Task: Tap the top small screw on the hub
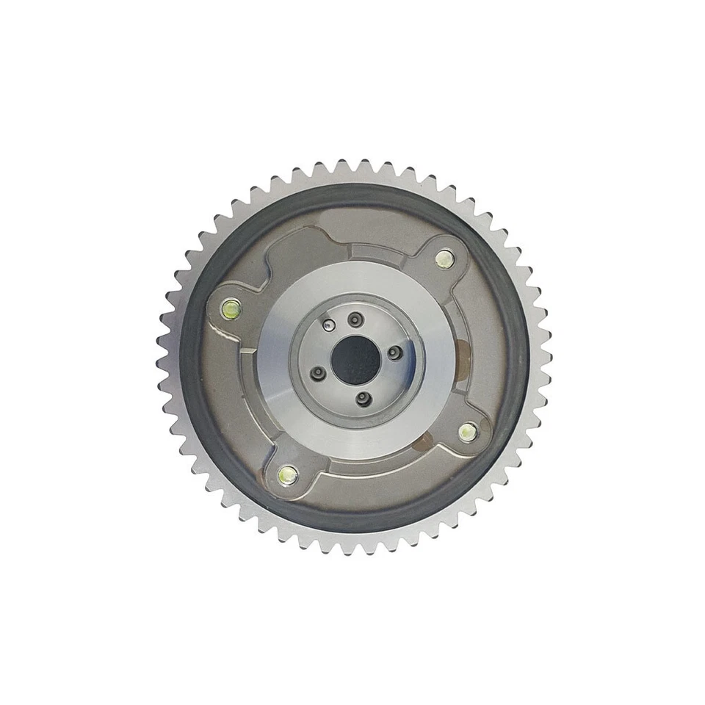pyautogui.click(x=356, y=318)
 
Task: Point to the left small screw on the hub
pyautogui.click(x=319, y=374)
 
